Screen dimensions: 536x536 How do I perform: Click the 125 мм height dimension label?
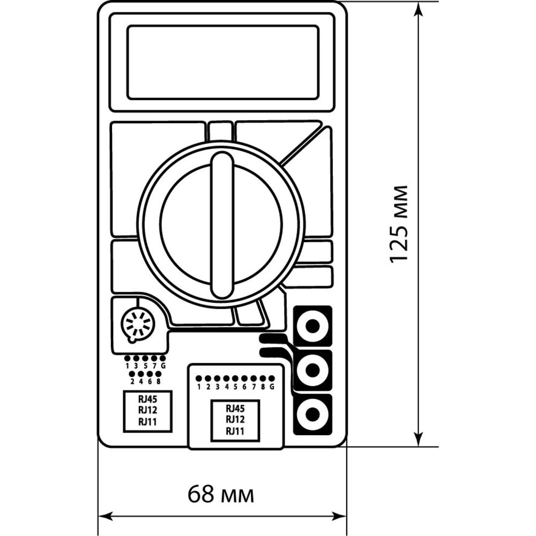click(399, 225)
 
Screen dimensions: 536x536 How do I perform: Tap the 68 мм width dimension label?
click(221, 494)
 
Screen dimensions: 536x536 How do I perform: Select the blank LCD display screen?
click(223, 62)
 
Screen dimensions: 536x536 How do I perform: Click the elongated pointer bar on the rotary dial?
click(222, 225)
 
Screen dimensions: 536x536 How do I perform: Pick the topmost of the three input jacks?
click(312, 326)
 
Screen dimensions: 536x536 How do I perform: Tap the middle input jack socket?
click(312, 370)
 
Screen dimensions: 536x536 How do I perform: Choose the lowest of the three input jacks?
click(312, 414)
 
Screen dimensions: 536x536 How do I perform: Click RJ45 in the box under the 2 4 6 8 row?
click(147, 399)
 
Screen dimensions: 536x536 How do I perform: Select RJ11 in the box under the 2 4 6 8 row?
click(147, 422)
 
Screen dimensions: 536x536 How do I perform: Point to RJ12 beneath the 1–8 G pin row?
click(235, 420)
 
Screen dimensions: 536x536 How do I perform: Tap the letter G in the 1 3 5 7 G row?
click(163, 366)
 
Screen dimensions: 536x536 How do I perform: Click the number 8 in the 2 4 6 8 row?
click(158, 381)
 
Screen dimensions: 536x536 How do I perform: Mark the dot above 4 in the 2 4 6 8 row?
click(140, 374)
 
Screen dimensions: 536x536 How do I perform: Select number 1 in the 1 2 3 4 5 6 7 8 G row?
click(199, 387)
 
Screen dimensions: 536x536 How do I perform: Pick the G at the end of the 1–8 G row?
click(272, 387)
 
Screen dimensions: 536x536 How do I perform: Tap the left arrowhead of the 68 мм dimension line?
click(106, 516)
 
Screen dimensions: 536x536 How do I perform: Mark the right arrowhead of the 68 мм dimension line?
click(339, 516)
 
